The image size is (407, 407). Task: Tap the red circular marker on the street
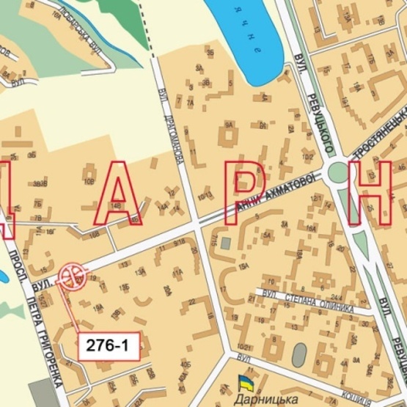point(72,277)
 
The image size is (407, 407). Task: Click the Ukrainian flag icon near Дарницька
point(244,381)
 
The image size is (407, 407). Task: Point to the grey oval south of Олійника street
point(299,355)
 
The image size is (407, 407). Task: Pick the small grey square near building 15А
point(226,242)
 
